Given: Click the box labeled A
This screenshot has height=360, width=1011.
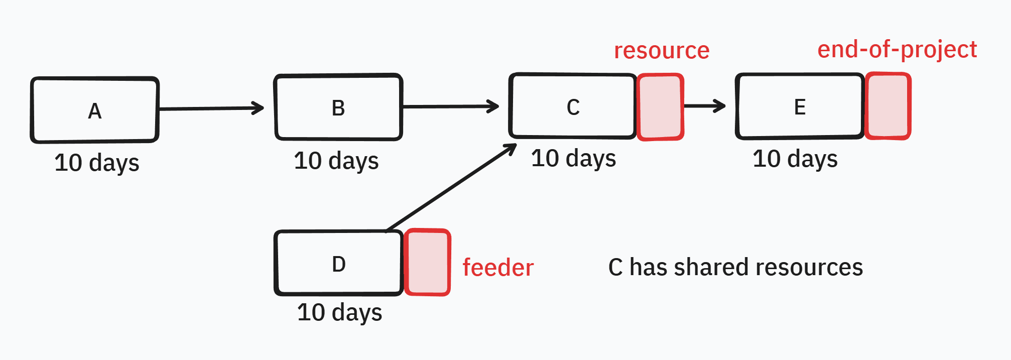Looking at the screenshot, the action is coord(95,110).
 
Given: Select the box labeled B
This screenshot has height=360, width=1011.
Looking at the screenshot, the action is coord(338,107).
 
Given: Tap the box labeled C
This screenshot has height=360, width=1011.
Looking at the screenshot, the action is coord(573,106).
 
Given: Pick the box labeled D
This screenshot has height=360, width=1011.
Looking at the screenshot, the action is coord(339,263).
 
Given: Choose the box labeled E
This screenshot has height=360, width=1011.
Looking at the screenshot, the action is coord(800,106).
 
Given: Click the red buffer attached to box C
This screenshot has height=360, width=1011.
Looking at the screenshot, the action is coord(660,107).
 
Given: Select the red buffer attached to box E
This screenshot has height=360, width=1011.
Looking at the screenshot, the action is coord(888,106).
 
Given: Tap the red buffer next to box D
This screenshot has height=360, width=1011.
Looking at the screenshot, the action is coord(427,263).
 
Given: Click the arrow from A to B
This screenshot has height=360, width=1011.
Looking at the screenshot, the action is coord(211,108).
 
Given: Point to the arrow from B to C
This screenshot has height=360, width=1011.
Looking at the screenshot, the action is coord(451,106).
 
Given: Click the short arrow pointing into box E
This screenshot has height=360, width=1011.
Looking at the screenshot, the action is coord(705,105).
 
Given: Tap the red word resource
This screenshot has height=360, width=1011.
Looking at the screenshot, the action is coord(662,51).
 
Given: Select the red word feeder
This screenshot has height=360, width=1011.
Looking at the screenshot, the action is coord(498,267).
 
